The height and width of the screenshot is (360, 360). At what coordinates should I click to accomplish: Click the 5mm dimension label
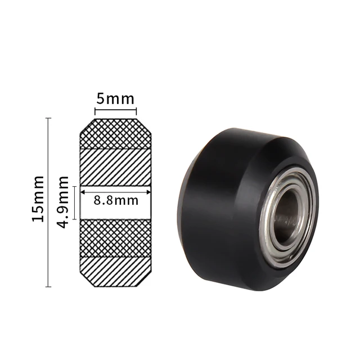[x=116, y=99]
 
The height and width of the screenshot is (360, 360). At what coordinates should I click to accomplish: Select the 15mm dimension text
[x=38, y=198]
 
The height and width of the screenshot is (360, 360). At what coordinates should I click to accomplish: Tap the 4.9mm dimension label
[x=64, y=201]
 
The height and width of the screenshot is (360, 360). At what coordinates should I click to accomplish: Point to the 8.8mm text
[x=116, y=200]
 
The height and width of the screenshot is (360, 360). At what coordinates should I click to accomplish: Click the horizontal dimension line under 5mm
[x=116, y=111]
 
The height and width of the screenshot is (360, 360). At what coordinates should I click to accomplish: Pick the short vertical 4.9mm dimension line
[x=74, y=201]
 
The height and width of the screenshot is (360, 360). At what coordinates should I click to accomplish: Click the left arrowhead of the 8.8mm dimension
[x=82, y=193]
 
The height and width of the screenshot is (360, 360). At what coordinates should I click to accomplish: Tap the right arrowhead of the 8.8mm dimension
[x=148, y=193]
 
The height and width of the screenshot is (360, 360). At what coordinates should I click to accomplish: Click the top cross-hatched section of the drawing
[x=116, y=134]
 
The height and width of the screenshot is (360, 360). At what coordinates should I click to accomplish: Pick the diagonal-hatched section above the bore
[x=116, y=166]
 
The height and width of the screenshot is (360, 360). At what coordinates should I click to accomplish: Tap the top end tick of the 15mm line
[x=49, y=118]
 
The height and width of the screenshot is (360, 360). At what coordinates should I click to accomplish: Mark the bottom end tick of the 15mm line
[x=49, y=287]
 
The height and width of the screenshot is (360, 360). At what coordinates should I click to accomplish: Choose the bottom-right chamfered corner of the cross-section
[x=148, y=280]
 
